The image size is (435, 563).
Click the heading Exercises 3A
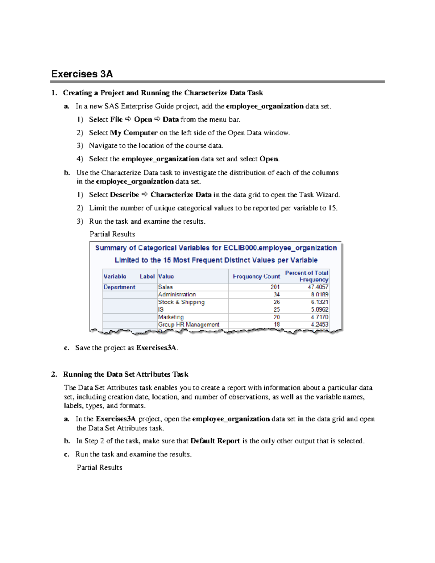pos(82,74)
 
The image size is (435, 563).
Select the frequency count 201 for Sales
pos(275,287)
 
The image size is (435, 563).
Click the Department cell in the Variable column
pos(119,287)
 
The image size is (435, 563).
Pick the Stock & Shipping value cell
pos(181,302)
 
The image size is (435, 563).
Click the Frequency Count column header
pos(256,276)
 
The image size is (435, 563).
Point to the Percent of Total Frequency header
pos(307,276)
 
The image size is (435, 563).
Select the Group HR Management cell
pos(188,324)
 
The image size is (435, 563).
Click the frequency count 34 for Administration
pos(276,294)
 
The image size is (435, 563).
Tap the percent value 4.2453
pos(319,324)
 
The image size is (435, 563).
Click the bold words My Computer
pos(134,133)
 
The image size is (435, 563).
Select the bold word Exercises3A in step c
pos(157,348)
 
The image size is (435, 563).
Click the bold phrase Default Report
pos(215,441)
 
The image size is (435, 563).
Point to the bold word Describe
pos(124,195)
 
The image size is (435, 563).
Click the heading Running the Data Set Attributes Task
pos(125,374)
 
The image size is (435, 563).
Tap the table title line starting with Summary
pos(216,248)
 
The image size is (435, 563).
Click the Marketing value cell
pos(171,317)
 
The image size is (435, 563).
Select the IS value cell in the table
pos(161,310)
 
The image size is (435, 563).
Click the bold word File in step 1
pos(116,119)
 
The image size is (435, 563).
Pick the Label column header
pos(147,276)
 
